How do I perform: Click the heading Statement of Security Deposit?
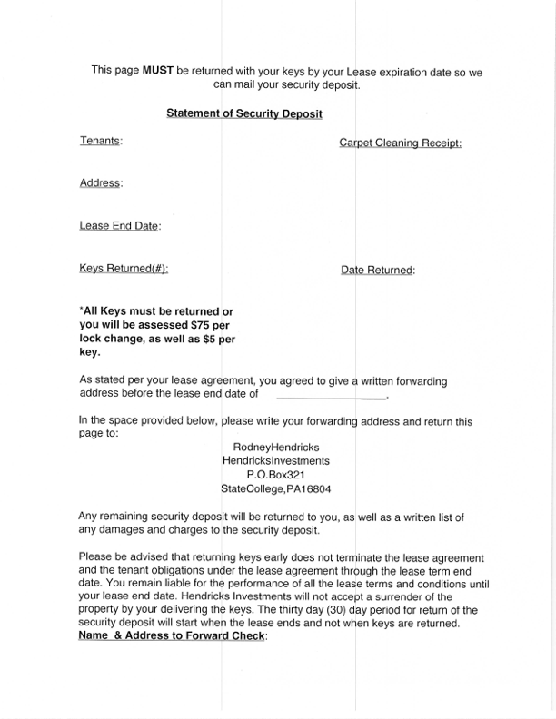[244, 113]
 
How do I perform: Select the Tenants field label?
[101, 141]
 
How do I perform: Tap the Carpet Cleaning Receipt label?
[401, 143]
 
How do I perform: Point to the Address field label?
[101, 183]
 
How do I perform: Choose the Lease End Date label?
[120, 226]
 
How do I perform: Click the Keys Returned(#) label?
[124, 269]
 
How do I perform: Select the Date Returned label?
[378, 270]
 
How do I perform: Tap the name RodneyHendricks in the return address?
[276, 447]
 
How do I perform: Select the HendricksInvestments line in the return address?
[276, 460]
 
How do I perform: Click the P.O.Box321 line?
[276, 475]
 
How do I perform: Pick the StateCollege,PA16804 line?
[276, 488]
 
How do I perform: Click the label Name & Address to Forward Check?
[173, 636]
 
